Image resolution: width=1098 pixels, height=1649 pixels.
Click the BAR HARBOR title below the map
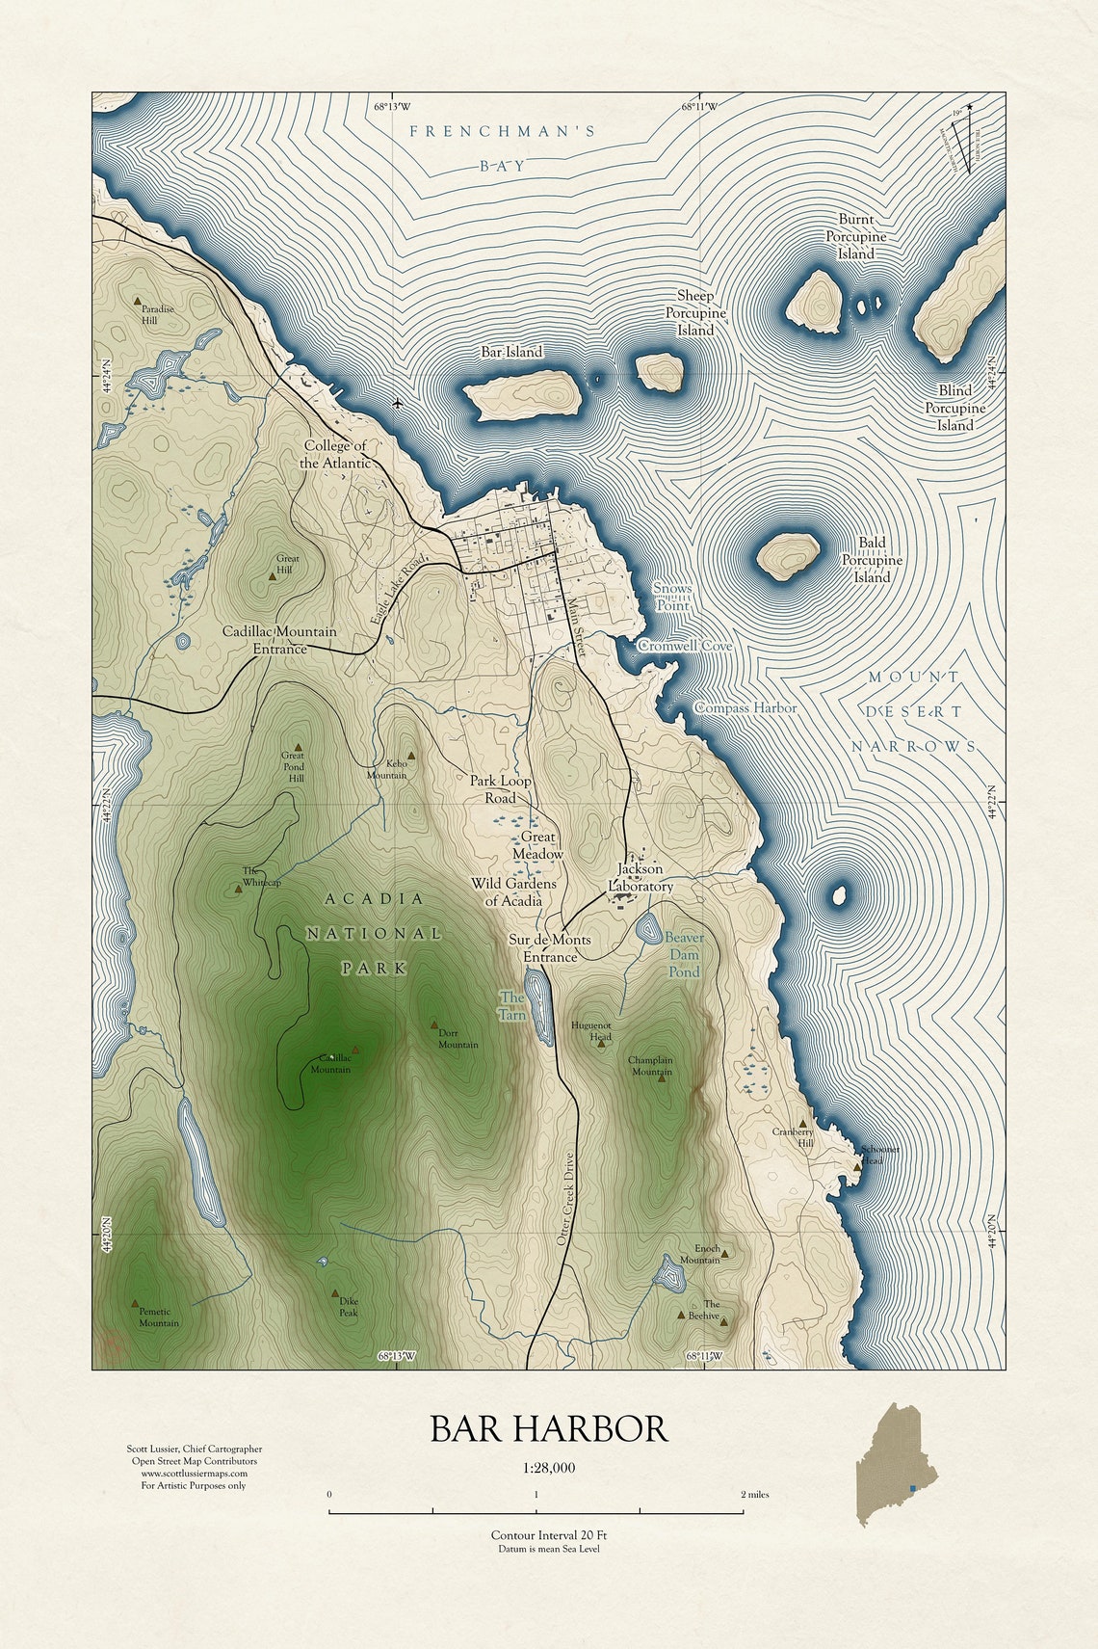click(x=548, y=1428)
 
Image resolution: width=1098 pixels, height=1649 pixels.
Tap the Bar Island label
click(x=511, y=353)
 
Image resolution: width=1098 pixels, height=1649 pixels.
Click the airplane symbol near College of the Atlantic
click(x=398, y=403)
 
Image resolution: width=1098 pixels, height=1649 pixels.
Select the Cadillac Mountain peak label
click(x=330, y=1064)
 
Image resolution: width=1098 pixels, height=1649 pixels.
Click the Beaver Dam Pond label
click(x=684, y=954)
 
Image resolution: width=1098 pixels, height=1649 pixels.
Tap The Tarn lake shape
click(x=540, y=1007)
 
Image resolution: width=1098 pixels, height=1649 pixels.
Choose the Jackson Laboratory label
click(x=640, y=878)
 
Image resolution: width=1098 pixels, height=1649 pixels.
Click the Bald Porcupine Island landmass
click(x=788, y=555)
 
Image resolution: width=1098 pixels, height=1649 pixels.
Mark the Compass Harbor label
click(x=745, y=708)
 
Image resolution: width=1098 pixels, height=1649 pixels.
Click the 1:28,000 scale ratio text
click(x=549, y=1469)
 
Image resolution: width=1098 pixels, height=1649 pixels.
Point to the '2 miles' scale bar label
click(x=754, y=1495)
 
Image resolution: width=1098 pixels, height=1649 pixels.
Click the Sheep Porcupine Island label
click(x=695, y=313)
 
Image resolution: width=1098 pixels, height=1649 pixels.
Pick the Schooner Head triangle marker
click(x=856, y=1167)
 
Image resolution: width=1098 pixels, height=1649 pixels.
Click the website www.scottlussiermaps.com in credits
click(x=195, y=1473)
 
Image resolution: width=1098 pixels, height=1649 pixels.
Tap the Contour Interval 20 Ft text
click(x=548, y=1535)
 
